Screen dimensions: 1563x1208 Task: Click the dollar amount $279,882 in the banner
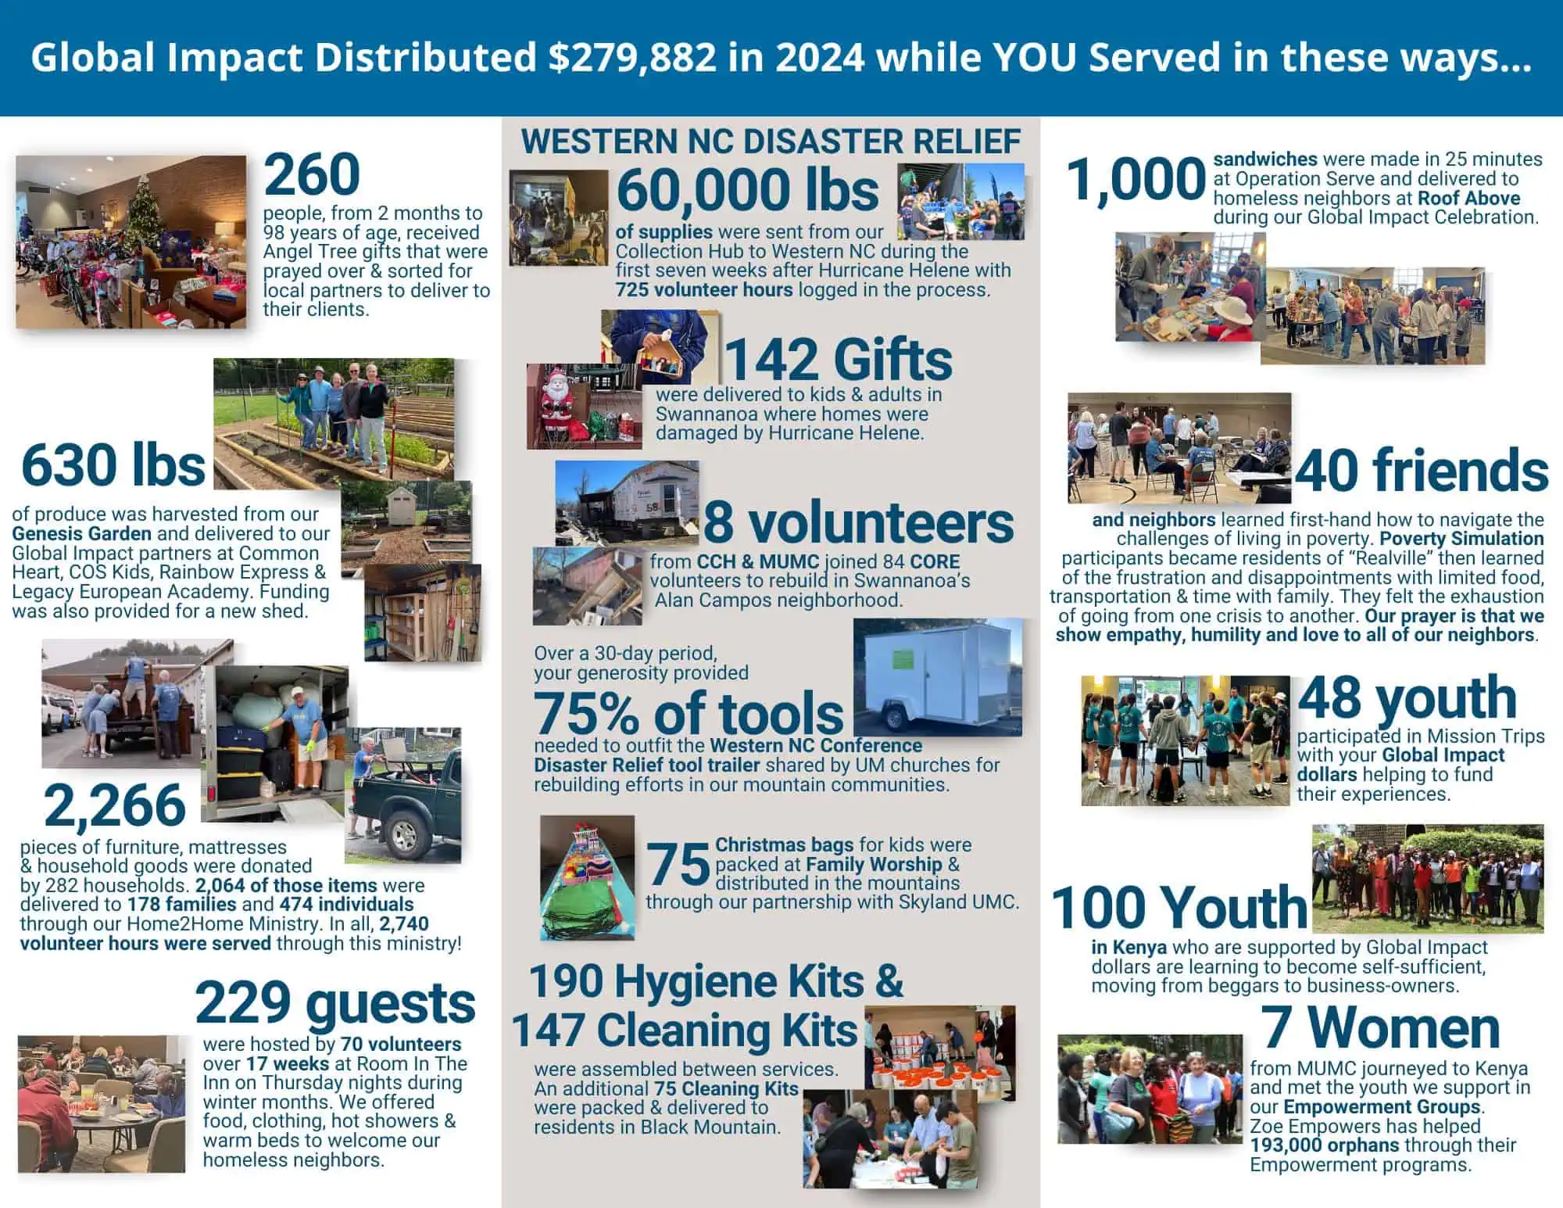point(631,58)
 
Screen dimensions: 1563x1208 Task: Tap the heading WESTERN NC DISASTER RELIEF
point(771,142)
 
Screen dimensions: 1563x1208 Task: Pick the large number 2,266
point(115,806)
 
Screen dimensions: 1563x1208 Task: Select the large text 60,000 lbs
point(747,190)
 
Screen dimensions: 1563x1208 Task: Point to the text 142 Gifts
point(839,359)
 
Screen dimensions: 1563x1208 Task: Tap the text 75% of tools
point(689,713)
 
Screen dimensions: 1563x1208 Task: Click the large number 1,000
point(1136,179)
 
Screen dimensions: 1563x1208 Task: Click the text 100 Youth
point(1179,907)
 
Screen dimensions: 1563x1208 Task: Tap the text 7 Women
point(1380,1027)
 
